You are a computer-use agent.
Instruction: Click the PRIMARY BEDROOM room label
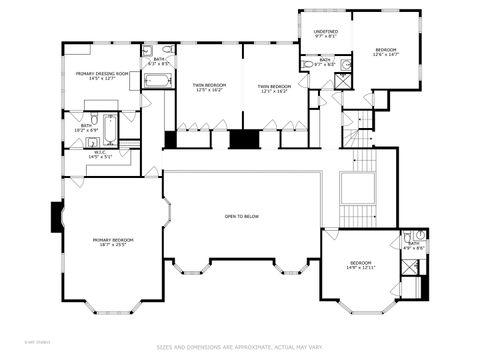[x=113, y=240]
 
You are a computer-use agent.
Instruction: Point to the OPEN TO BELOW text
[x=242, y=216]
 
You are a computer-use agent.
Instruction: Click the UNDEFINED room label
[x=325, y=32]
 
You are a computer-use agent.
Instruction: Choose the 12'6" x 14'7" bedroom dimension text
[x=385, y=56]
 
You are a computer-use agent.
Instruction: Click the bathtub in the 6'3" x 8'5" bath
[x=158, y=80]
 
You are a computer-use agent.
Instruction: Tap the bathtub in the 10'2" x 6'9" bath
[x=110, y=128]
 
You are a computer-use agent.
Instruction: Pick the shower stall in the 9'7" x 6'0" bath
[x=343, y=80]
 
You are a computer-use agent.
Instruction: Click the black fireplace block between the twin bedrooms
[x=243, y=139]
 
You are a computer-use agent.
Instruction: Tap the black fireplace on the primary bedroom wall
[x=57, y=217]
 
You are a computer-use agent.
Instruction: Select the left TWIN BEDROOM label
[x=209, y=85]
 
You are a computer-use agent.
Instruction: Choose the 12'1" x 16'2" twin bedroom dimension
[x=273, y=91]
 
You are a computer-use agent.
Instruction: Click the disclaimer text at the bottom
[x=240, y=348]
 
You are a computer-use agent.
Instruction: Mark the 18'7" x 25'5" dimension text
[x=113, y=245]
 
